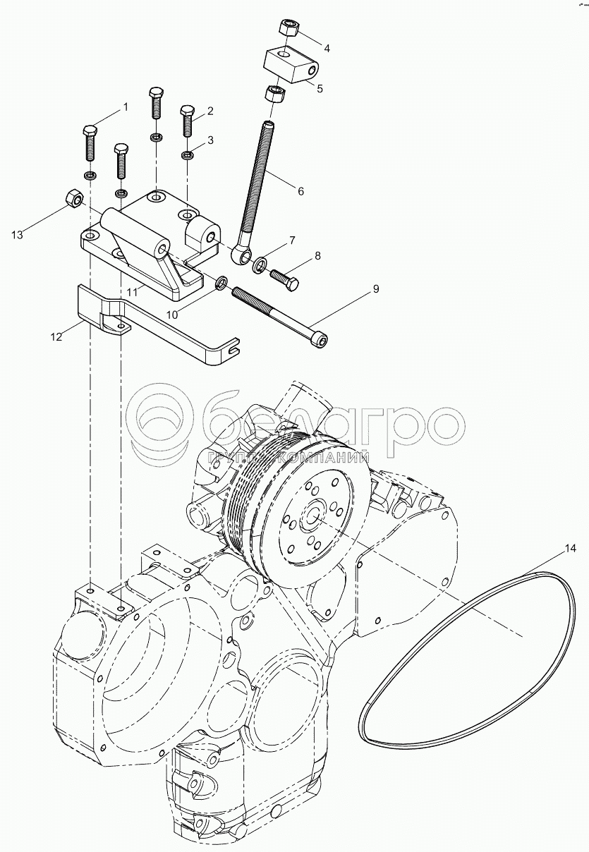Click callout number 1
126,107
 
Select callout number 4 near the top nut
327,48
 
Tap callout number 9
376,289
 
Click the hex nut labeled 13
72,200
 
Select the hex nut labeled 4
289,28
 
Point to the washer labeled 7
260,264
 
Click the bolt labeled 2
187,121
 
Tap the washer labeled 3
188,154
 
